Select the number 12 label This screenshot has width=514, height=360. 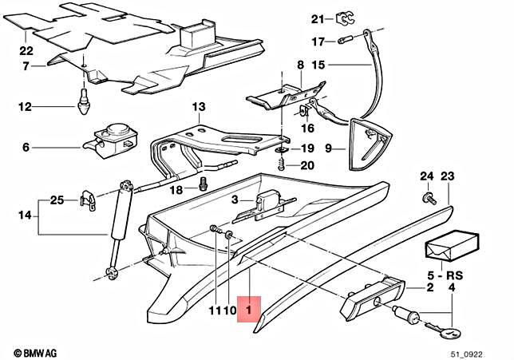[25, 105]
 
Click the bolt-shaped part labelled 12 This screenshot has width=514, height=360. [84, 101]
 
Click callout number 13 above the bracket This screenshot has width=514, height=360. [198, 107]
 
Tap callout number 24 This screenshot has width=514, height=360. [426, 176]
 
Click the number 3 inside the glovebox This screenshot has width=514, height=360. [235, 200]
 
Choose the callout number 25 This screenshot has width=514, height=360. [57, 200]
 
